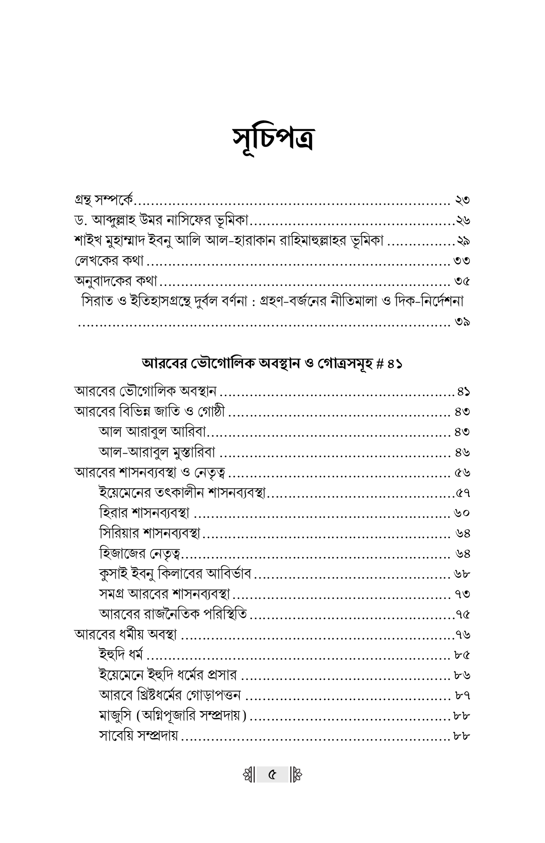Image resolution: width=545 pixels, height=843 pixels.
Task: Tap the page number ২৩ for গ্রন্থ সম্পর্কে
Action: [x=462, y=200]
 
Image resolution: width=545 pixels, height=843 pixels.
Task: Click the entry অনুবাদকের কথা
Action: [x=116, y=282]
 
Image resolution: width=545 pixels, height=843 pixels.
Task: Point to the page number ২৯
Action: [x=463, y=241]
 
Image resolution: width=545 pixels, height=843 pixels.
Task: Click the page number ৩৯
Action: [x=463, y=322]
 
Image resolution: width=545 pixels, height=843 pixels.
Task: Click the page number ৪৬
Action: [x=463, y=452]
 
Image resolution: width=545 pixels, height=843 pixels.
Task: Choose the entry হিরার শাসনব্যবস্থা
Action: [x=144, y=513]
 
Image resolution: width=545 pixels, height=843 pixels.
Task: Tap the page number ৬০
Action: [x=462, y=513]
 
